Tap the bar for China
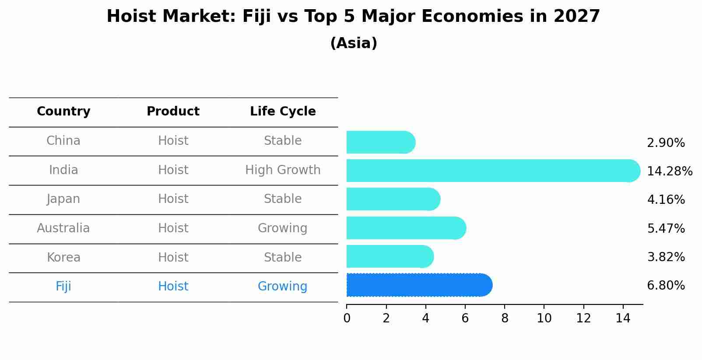[380, 142]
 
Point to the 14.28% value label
[669, 171]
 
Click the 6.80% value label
[666, 286]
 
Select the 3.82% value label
[666, 257]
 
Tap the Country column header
[63, 112]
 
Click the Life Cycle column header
[283, 112]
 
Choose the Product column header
[173, 112]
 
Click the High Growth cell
[283, 170]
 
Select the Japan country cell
[63, 199]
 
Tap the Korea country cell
[63, 257]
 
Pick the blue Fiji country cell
[63, 287]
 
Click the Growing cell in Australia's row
[283, 228]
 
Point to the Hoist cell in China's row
[173, 141]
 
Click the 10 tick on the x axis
[544, 318]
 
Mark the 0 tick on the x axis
[347, 318]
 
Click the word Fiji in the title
[257, 17]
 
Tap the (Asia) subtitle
[354, 43]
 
